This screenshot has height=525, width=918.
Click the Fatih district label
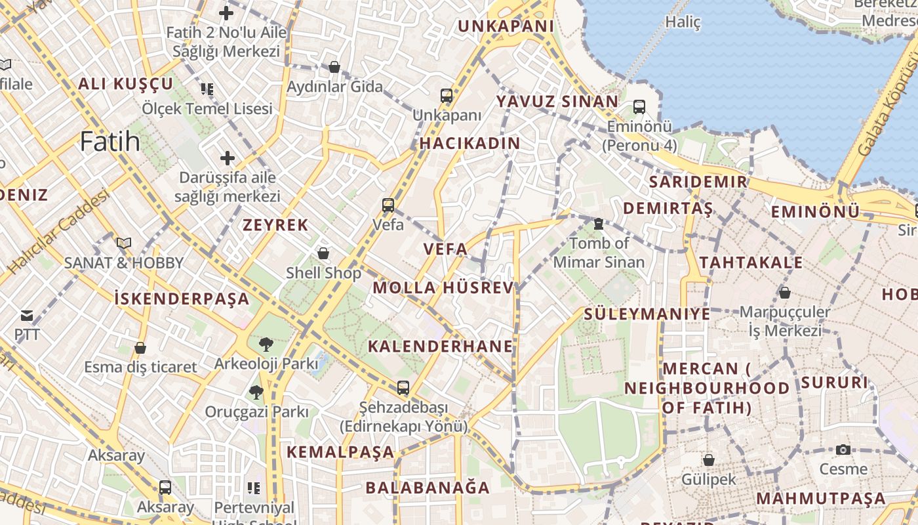(110, 142)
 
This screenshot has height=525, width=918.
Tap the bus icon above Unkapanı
(447, 96)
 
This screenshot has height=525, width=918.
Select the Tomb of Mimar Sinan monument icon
(598, 224)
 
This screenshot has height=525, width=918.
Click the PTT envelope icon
(27, 316)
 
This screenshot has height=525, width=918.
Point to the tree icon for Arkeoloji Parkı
(266, 344)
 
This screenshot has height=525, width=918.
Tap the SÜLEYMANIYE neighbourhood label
(647, 314)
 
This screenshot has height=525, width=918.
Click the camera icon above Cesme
(843, 450)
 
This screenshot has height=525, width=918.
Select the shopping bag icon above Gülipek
(708, 460)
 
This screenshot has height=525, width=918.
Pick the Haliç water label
(683, 22)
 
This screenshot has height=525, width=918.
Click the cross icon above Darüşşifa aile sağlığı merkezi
(228, 158)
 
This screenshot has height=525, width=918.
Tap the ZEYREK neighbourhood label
(275, 225)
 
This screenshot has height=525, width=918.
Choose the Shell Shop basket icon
(323, 253)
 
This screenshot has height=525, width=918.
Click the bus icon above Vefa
(388, 205)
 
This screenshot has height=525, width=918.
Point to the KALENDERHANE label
(440, 346)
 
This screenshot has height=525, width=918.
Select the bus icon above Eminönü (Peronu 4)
(639, 106)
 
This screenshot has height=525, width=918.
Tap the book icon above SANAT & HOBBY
(124, 243)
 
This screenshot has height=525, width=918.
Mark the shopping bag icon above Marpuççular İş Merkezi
(784, 293)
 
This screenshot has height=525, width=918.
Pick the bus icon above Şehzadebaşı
(403, 388)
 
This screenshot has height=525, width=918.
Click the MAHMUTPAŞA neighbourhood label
(821, 498)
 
